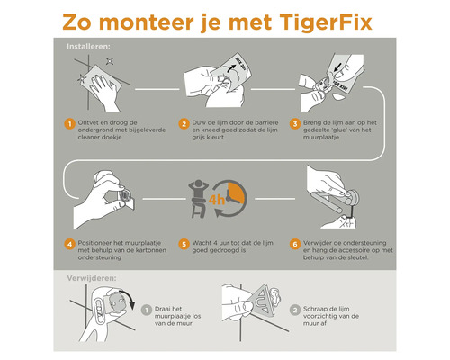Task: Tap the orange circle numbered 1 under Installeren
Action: (x=68, y=124)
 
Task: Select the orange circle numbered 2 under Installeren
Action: (x=184, y=124)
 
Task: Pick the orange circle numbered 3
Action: (x=294, y=124)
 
